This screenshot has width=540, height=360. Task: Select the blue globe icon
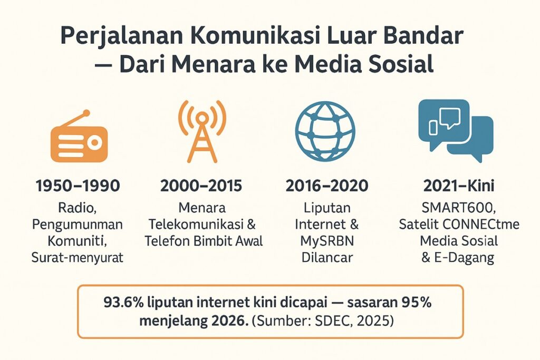325,131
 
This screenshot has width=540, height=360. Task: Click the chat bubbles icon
456,130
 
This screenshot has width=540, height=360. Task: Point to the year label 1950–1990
78,186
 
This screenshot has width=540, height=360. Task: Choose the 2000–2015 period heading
201,186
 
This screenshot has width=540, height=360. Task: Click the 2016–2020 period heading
327,186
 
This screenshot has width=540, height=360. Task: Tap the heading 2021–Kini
459,186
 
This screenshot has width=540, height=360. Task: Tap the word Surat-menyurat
78,257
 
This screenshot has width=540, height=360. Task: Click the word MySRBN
327,241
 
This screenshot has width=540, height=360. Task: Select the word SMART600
459,208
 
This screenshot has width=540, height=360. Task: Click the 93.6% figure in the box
123,303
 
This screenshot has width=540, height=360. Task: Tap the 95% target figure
417,303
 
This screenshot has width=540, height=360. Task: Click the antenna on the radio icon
75,120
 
